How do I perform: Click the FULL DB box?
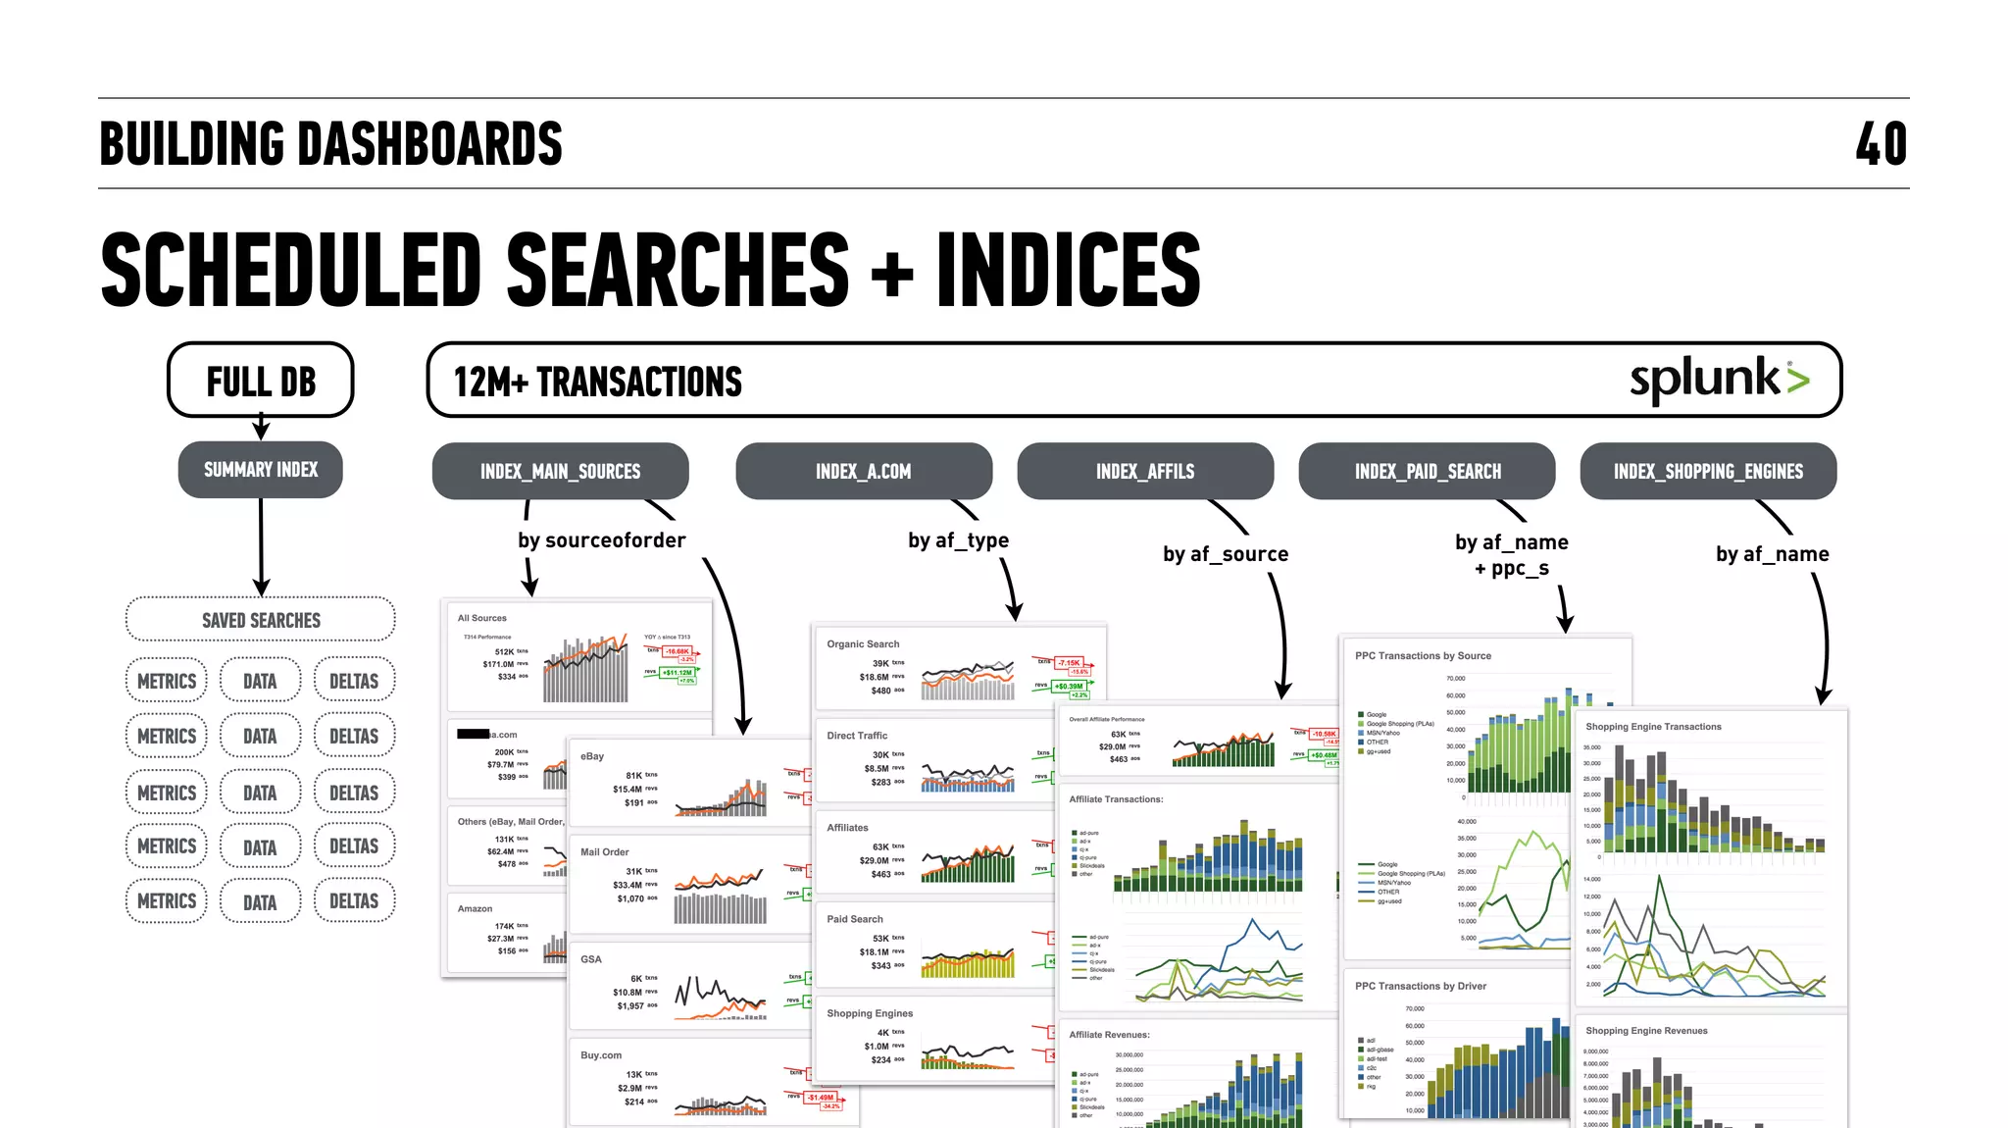261,381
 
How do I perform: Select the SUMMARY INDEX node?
261,470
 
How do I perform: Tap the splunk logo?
1719,380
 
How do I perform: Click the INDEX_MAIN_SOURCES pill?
560,472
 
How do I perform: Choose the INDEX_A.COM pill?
863,472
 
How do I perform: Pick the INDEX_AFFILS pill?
1145,472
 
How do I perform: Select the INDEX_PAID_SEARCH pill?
1427,472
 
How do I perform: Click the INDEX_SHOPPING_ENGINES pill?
1708,472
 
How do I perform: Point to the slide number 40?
1881,144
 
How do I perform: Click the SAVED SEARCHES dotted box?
261,620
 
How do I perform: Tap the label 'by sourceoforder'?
601,540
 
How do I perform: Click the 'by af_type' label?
958,540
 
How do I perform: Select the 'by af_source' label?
1226,554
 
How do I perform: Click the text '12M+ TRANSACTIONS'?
597,382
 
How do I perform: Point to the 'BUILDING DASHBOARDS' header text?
331,144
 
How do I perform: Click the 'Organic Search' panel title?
863,644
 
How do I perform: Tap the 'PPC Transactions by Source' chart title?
1423,656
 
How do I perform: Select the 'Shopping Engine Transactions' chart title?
1653,727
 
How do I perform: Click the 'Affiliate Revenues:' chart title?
1109,1035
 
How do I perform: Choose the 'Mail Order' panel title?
604,852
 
